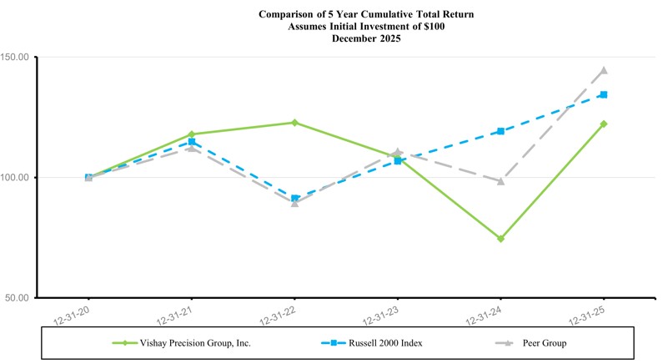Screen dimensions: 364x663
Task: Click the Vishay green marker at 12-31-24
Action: click(x=500, y=239)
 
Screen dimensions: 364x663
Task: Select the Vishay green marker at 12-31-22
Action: click(x=294, y=123)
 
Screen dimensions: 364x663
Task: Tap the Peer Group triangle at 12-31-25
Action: click(x=604, y=70)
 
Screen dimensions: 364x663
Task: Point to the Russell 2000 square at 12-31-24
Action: click(x=500, y=131)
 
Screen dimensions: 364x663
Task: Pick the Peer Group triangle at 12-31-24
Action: click(x=500, y=181)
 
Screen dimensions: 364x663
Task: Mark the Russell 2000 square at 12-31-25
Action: click(x=604, y=95)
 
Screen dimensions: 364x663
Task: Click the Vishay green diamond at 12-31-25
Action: click(x=604, y=124)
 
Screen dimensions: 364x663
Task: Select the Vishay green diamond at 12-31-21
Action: click(x=192, y=134)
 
